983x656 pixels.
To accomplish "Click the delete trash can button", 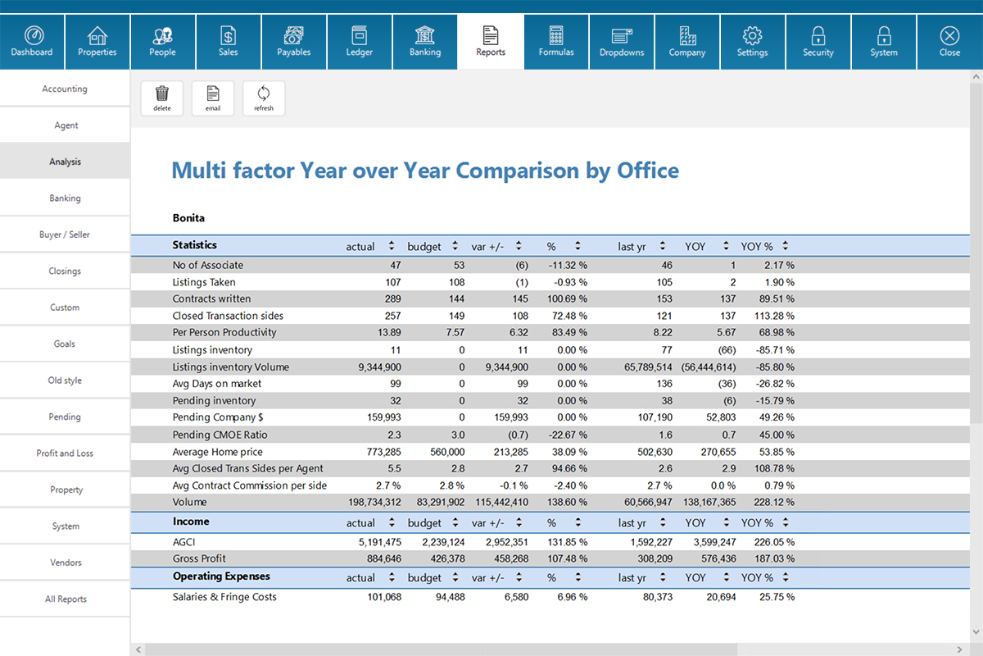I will coord(162,97).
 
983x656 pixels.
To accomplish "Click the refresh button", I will coord(264,97).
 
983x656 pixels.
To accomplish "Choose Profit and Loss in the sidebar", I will coord(65,453).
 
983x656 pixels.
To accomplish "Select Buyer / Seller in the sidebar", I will coord(65,235).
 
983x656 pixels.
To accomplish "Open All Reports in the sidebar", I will coord(65,599).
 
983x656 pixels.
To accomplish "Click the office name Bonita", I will coord(188,218).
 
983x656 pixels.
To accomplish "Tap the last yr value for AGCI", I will coord(652,542).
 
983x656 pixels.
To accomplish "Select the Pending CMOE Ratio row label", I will coord(220,435).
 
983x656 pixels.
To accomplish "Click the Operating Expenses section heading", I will coord(221,576).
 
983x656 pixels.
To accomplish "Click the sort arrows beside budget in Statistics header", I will coord(455,246).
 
